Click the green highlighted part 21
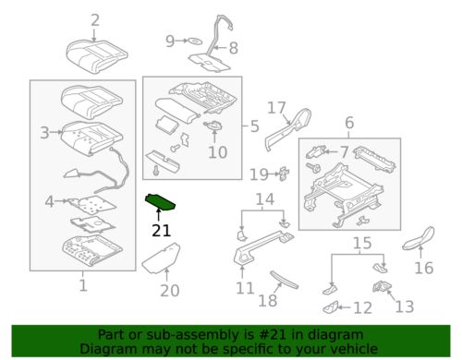point(164,201)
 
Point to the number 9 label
point(170,41)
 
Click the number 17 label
point(277,108)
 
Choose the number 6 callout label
point(348,123)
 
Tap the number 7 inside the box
point(344,150)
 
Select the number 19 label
point(260,173)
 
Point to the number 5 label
point(256,126)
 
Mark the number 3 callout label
point(43,133)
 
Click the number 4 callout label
point(49,200)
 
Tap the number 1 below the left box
point(82,285)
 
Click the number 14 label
point(265,198)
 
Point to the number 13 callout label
point(406,306)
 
